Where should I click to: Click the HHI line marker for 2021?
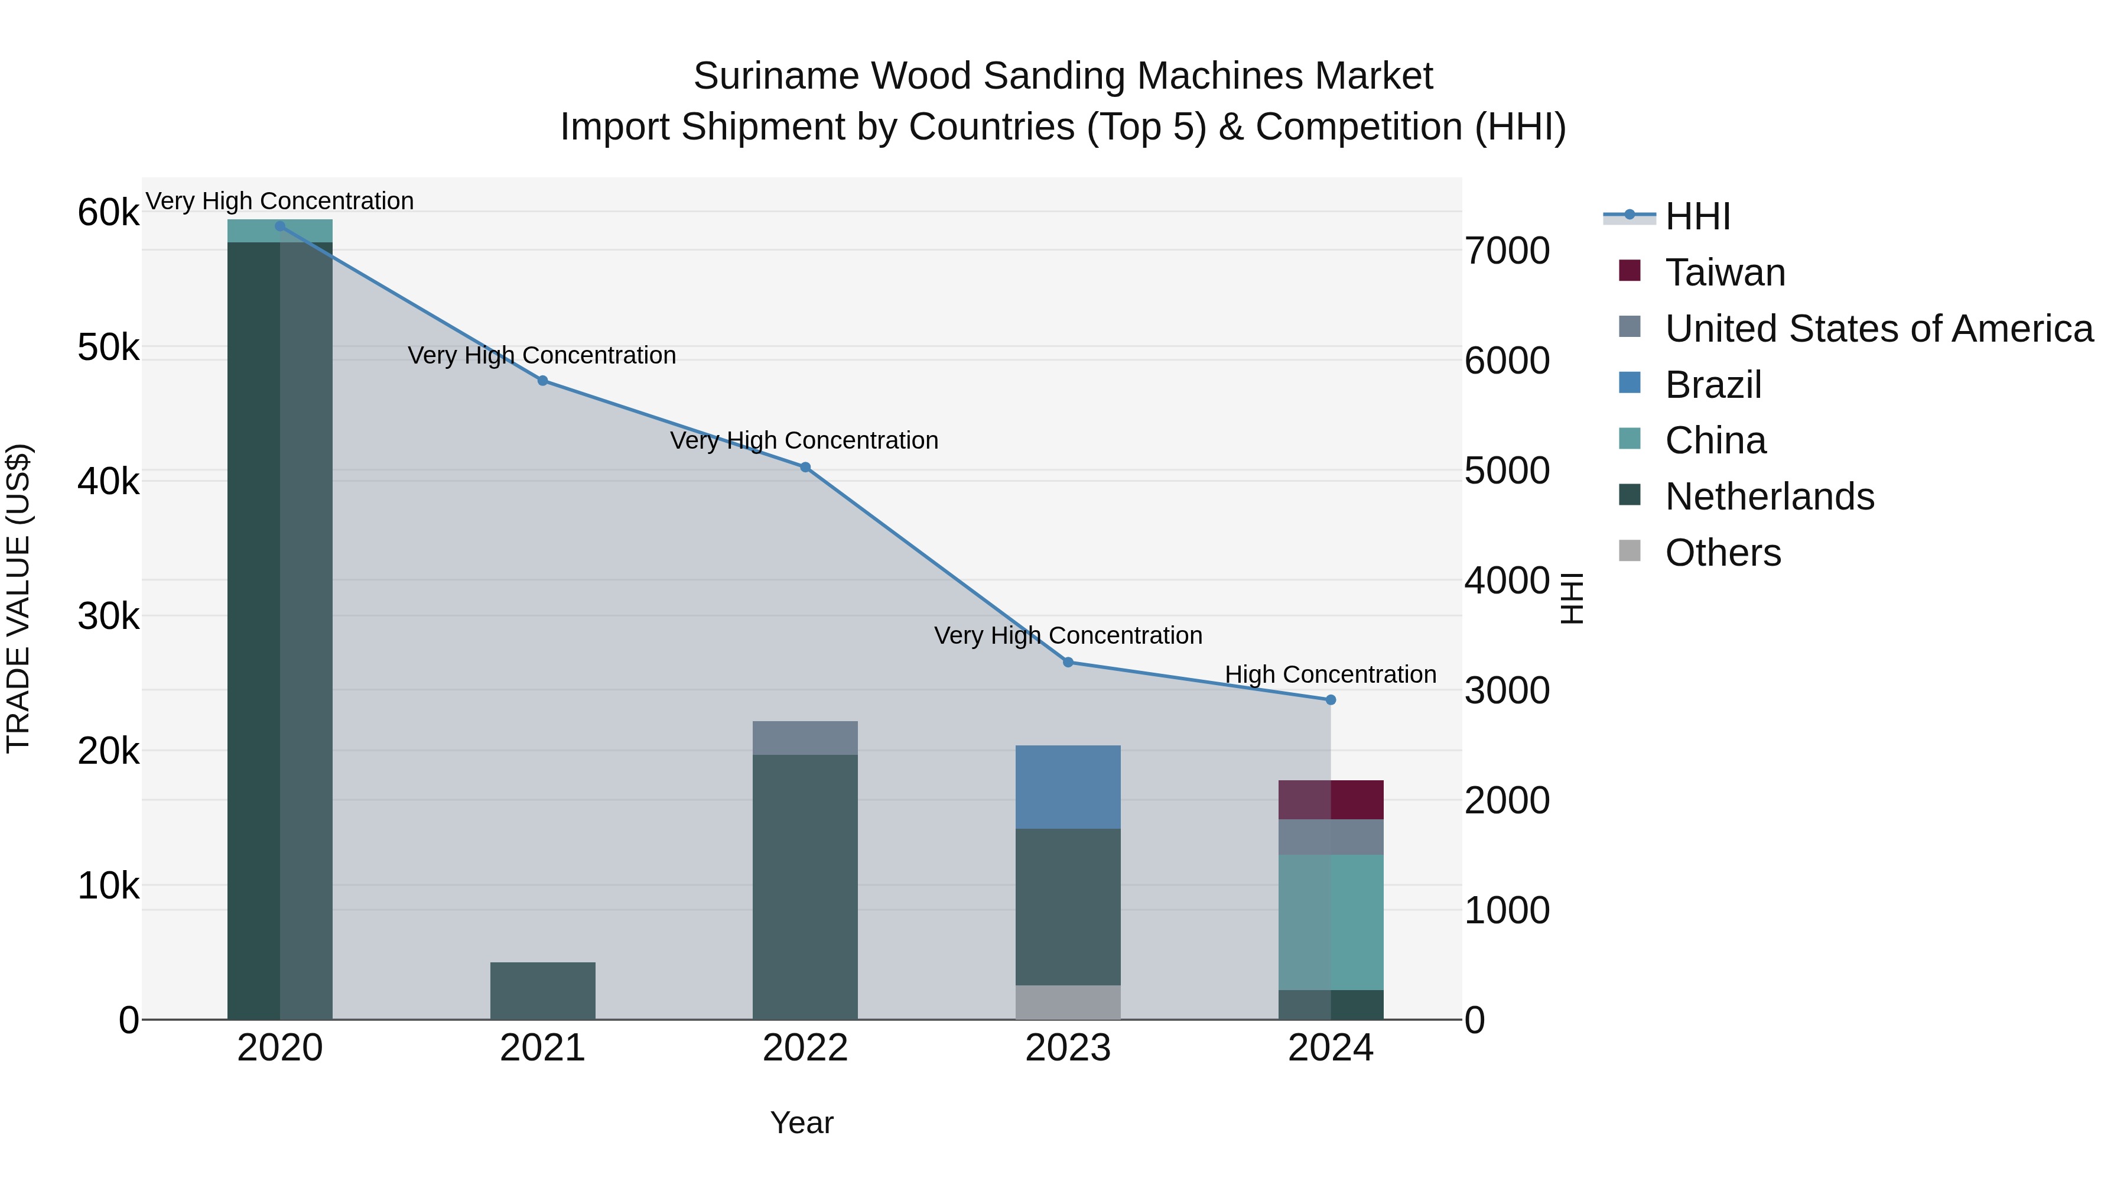(x=542, y=381)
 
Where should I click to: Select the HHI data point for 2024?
(x=1330, y=700)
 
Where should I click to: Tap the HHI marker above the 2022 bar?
(x=805, y=468)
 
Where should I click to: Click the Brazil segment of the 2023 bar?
(x=1068, y=786)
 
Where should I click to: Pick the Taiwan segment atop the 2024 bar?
(x=1330, y=800)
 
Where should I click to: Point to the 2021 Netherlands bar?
(x=542, y=991)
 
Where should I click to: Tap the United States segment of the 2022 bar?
(x=805, y=738)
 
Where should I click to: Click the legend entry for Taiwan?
(x=1725, y=273)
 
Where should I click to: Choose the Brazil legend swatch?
(x=1629, y=383)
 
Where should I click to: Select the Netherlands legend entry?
(x=1768, y=497)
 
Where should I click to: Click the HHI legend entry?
(x=1697, y=216)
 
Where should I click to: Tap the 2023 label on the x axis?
(x=1068, y=1048)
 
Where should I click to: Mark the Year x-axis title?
(x=802, y=1123)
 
